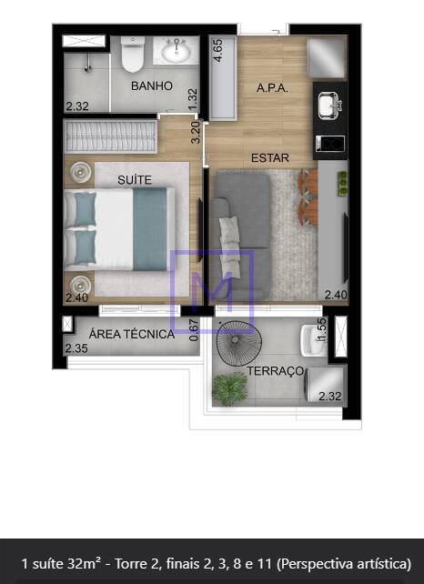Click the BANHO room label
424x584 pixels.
tap(152, 86)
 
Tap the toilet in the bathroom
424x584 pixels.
tap(133, 54)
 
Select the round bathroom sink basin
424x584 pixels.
tap(177, 52)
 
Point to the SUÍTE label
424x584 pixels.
tap(135, 180)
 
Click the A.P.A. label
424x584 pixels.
tap(272, 88)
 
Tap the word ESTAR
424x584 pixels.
tap(270, 158)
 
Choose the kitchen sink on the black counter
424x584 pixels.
tap(329, 106)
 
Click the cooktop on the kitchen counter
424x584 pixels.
tap(330, 144)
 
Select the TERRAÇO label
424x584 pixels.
tap(276, 371)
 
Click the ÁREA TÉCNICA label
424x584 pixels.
tap(132, 334)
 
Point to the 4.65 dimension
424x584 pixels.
tap(217, 50)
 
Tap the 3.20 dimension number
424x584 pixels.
tap(196, 133)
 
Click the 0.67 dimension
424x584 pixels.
tap(194, 330)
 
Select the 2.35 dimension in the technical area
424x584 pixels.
tap(76, 348)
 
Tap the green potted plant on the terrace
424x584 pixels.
tap(230, 389)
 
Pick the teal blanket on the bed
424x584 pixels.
tap(150, 228)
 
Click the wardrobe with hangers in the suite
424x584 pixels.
tap(110, 136)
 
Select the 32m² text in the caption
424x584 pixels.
tap(84, 563)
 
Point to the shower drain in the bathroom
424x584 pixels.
tap(88, 68)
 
